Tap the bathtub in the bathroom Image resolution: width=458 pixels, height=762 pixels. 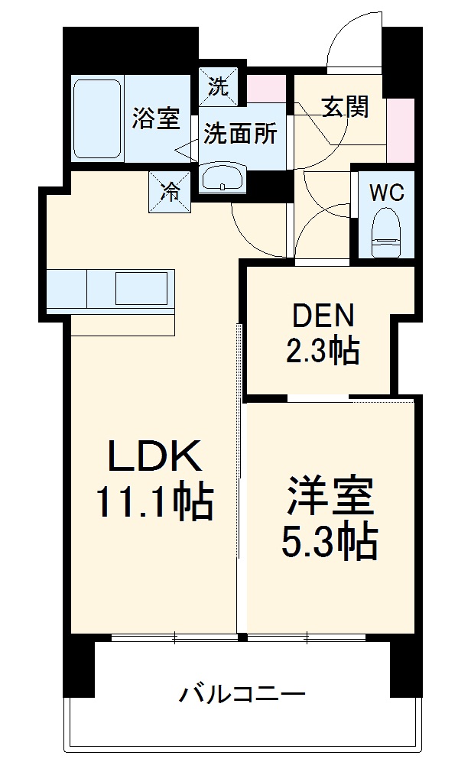point(98,118)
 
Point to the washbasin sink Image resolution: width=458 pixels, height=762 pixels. point(223,177)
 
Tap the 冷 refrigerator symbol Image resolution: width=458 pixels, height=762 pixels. point(170,190)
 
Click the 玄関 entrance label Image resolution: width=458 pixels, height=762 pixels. point(344,108)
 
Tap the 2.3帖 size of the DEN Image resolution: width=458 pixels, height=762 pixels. point(322,352)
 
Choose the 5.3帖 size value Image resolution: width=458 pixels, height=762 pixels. point(330,542)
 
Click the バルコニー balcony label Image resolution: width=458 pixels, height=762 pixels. point(242,695)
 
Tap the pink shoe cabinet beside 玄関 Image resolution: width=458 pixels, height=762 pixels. point(400,130)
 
